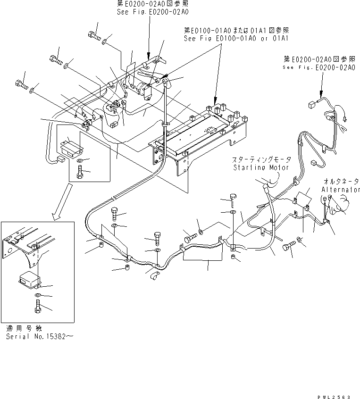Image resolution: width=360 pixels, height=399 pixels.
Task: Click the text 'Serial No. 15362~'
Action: click(x=40, y=337)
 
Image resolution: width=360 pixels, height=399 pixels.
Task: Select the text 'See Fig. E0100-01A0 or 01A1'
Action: click(x=237, y=38)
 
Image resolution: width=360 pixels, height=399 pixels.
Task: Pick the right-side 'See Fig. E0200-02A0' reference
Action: click(x=319, y=67)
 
